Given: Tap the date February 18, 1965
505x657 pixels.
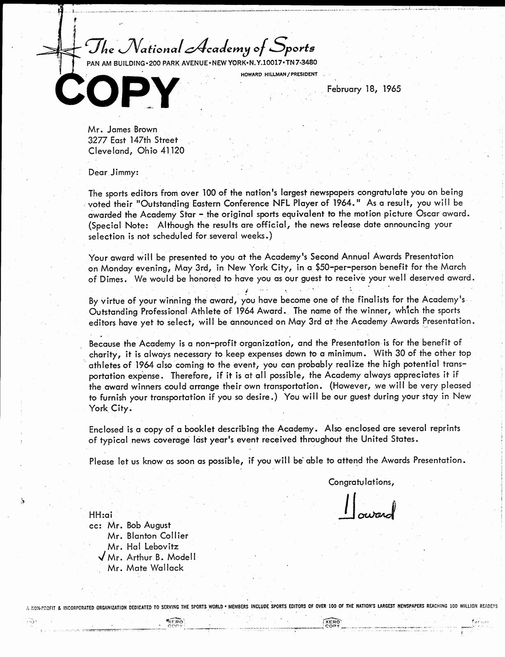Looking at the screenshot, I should pos(364,89).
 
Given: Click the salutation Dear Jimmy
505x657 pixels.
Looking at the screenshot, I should pos(113,172).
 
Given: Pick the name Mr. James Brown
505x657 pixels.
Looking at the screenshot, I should pos(122,129).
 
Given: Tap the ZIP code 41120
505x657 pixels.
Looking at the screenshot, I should pos(173,151).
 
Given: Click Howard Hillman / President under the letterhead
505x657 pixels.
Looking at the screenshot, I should pos(279,74).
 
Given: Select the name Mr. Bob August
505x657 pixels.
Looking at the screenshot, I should pos(139,525).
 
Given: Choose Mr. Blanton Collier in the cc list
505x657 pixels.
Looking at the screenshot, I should pos(148,536).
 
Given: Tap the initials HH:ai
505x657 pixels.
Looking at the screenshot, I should pos(100,515).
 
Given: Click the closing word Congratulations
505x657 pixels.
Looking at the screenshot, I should pos(361,482).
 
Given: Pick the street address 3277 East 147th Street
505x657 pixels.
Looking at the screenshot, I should pos(133,140).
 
